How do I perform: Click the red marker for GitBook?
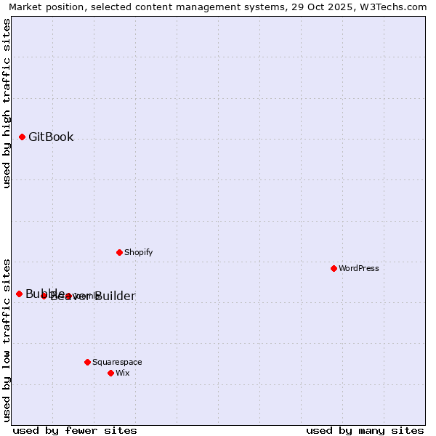point(22,137)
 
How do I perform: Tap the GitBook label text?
point(51,137)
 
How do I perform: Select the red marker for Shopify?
point(119,252)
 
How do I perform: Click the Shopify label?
point(138,253)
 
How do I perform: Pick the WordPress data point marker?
point(334,268)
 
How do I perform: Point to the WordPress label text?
point(358,269)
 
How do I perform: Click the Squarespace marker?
point(87,362)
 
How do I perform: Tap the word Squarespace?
point(117,363)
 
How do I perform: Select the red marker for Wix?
point(110,373)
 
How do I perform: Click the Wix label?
point(122,374)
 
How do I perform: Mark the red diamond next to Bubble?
point(19,294)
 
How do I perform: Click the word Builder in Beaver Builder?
point(115,296)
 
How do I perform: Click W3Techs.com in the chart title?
point(392,7)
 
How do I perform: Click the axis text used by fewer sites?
point(75,431)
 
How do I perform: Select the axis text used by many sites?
point(365,431)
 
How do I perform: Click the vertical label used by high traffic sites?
point(7,103)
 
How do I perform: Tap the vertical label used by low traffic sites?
point(7,340)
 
